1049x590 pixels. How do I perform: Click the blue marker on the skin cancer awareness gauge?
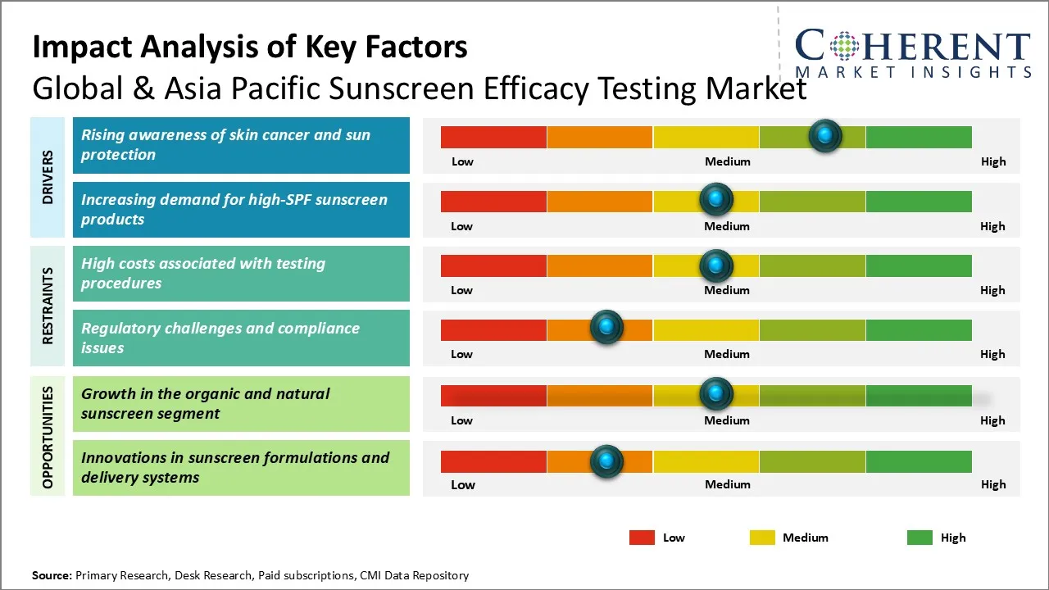tap(824, 135)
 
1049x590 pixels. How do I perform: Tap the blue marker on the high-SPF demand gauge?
tap(715, 198)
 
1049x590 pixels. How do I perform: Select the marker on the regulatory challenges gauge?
tap(606, 327)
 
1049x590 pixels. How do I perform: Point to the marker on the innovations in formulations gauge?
tap(606, 461)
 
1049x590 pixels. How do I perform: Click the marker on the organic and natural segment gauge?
tap(715, 394)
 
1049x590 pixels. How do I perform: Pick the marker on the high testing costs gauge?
tap(715, 265)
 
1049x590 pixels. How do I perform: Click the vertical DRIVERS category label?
tap(48, 177)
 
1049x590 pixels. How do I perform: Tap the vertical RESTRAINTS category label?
tap(48, 306)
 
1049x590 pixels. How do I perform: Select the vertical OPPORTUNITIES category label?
tap(48, 437)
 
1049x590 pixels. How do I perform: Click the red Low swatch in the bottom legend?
tap(642, 538)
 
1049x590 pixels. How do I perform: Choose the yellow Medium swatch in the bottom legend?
tap(762, 538)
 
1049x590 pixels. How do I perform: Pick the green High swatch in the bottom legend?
tap(920, 538)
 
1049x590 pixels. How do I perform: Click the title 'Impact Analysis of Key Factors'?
tap(250, 47)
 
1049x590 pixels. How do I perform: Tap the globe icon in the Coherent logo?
tap(845, 47)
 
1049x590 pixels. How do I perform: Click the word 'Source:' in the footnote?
tap(52, 575)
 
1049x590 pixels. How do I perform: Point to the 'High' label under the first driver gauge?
tap(992, 161)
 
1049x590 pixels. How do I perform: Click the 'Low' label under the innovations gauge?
tap(462, 484)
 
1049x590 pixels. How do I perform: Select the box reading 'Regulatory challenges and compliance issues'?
tap(241, 338)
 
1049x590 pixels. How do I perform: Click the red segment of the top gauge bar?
tap(493, 137)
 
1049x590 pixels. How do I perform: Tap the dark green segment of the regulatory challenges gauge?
tap(918, 330)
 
